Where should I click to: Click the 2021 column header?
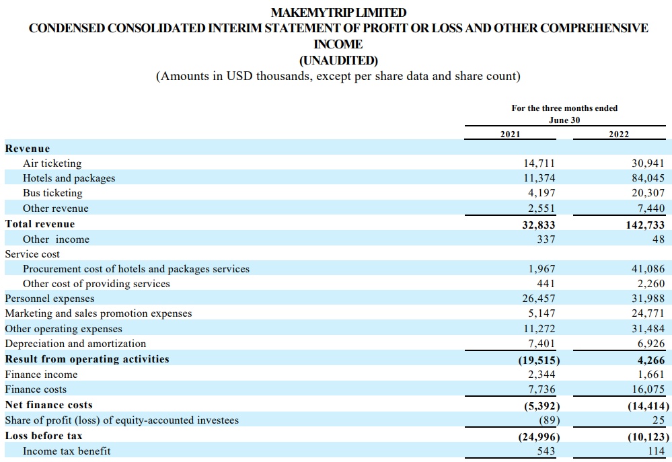click(x=510, y=134)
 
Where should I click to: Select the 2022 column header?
click(x=619, y=134)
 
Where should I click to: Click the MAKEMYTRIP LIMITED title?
click(x=338, y=12)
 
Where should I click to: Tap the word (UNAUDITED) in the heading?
click(x=338, y=61)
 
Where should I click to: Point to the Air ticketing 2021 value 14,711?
click(x=539, y=163)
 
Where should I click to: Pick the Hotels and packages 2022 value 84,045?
click(x=648, y=178)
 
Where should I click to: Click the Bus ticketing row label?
click(x=52, y=193)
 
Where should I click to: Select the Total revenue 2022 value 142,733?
click(x=645, y=225)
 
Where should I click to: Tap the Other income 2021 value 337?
click(x=546, y=239)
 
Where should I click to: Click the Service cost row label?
click(x=32, y=254)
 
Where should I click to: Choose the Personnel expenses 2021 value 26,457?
click(x=539, y=299)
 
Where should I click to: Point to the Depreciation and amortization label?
click(x=75, y=344)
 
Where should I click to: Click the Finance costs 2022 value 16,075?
click(x=648, y=389)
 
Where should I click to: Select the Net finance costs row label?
click(x=49, y=405)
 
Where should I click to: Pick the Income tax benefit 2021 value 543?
click(x=546, y=451)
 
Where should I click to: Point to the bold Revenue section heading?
click(x=28, y=149)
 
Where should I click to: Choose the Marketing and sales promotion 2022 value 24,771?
click(x=648, y=313)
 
